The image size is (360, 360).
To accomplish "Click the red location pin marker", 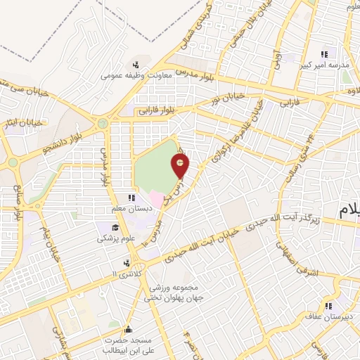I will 181,165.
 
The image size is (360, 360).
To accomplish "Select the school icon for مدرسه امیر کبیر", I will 324,55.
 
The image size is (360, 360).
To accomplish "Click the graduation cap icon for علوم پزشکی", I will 115,227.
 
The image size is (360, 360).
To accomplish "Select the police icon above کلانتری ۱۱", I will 124,262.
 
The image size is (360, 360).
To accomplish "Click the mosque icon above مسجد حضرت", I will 127,328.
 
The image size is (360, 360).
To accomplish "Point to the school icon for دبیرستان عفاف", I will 328,305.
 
